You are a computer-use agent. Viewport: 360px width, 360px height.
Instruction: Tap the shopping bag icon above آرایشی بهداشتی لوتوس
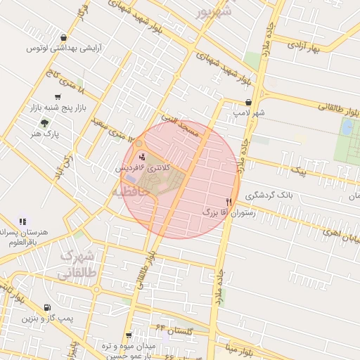click(x=64, y=38)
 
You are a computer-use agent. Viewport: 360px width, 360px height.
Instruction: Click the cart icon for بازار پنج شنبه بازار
click(x=57, y=97)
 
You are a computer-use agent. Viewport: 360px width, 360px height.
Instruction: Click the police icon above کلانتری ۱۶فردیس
click(x=143, y=157)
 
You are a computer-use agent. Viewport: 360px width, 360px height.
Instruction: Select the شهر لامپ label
click(x=250, y=112)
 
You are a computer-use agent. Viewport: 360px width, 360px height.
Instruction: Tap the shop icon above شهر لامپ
click(x=248, y=102)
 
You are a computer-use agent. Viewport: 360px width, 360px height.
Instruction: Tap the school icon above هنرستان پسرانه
click(x=22, y=221)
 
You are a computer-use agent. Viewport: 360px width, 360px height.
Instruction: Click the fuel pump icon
click(x=46, y=307)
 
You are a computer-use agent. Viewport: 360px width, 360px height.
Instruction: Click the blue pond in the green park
click(x=347, y=127)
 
